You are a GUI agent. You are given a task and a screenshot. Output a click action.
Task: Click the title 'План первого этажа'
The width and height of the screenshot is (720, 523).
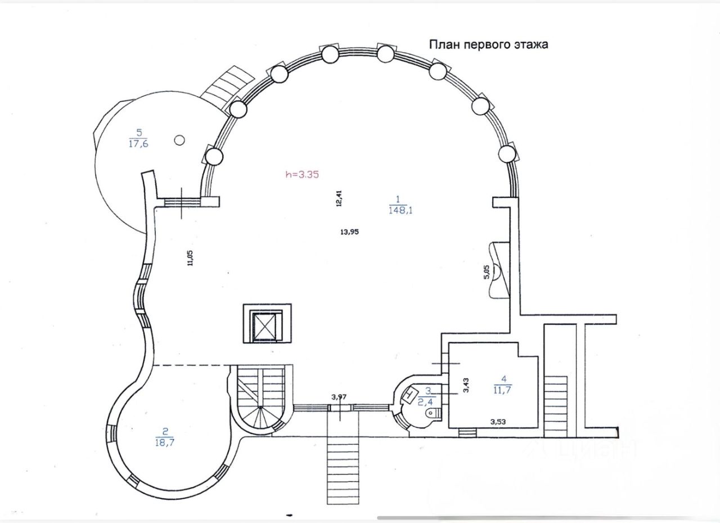click(489, 44)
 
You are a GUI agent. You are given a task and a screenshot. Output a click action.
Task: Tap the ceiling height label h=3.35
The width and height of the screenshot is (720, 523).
click(302, 175)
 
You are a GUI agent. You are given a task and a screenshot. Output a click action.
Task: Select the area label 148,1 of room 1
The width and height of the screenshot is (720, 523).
click(400, 210)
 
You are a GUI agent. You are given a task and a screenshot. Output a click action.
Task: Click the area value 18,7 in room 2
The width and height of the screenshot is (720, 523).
click(165, 443)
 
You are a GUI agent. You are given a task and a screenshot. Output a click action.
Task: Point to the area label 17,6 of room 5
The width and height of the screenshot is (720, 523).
click(138, 143)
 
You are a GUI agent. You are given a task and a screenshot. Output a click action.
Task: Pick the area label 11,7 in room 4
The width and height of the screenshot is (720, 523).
click(503, 390)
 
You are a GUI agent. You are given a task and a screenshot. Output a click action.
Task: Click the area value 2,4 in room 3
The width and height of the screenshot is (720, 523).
click(425, 402)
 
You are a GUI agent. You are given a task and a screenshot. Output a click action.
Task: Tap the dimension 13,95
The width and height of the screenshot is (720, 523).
click(349, 232)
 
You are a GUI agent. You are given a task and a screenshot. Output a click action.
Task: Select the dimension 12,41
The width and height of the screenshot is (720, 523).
click(339, 199)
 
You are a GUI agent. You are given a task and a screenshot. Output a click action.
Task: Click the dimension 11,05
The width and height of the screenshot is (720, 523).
click(190, 258)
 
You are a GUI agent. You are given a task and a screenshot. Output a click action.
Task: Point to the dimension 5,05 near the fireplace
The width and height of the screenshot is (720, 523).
click(487, 272)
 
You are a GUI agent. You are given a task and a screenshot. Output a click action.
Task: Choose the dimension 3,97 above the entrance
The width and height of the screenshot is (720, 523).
click(339, 397)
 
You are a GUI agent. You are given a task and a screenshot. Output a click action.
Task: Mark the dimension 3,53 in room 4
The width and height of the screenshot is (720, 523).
click(498, 422)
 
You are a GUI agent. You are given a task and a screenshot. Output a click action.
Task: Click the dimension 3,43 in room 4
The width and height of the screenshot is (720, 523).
click(466, 386)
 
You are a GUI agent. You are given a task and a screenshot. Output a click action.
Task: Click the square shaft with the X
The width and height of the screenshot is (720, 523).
click(267, 323)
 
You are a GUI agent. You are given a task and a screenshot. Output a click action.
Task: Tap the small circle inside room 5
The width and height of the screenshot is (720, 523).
click(179, 140)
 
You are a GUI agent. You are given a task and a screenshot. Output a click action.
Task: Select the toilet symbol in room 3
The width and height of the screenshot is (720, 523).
click(433, 413)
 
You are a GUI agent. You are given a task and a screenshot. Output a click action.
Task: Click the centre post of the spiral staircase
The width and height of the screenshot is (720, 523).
click(260, 407)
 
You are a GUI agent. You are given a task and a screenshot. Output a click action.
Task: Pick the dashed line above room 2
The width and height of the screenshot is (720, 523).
click(192, 366)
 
